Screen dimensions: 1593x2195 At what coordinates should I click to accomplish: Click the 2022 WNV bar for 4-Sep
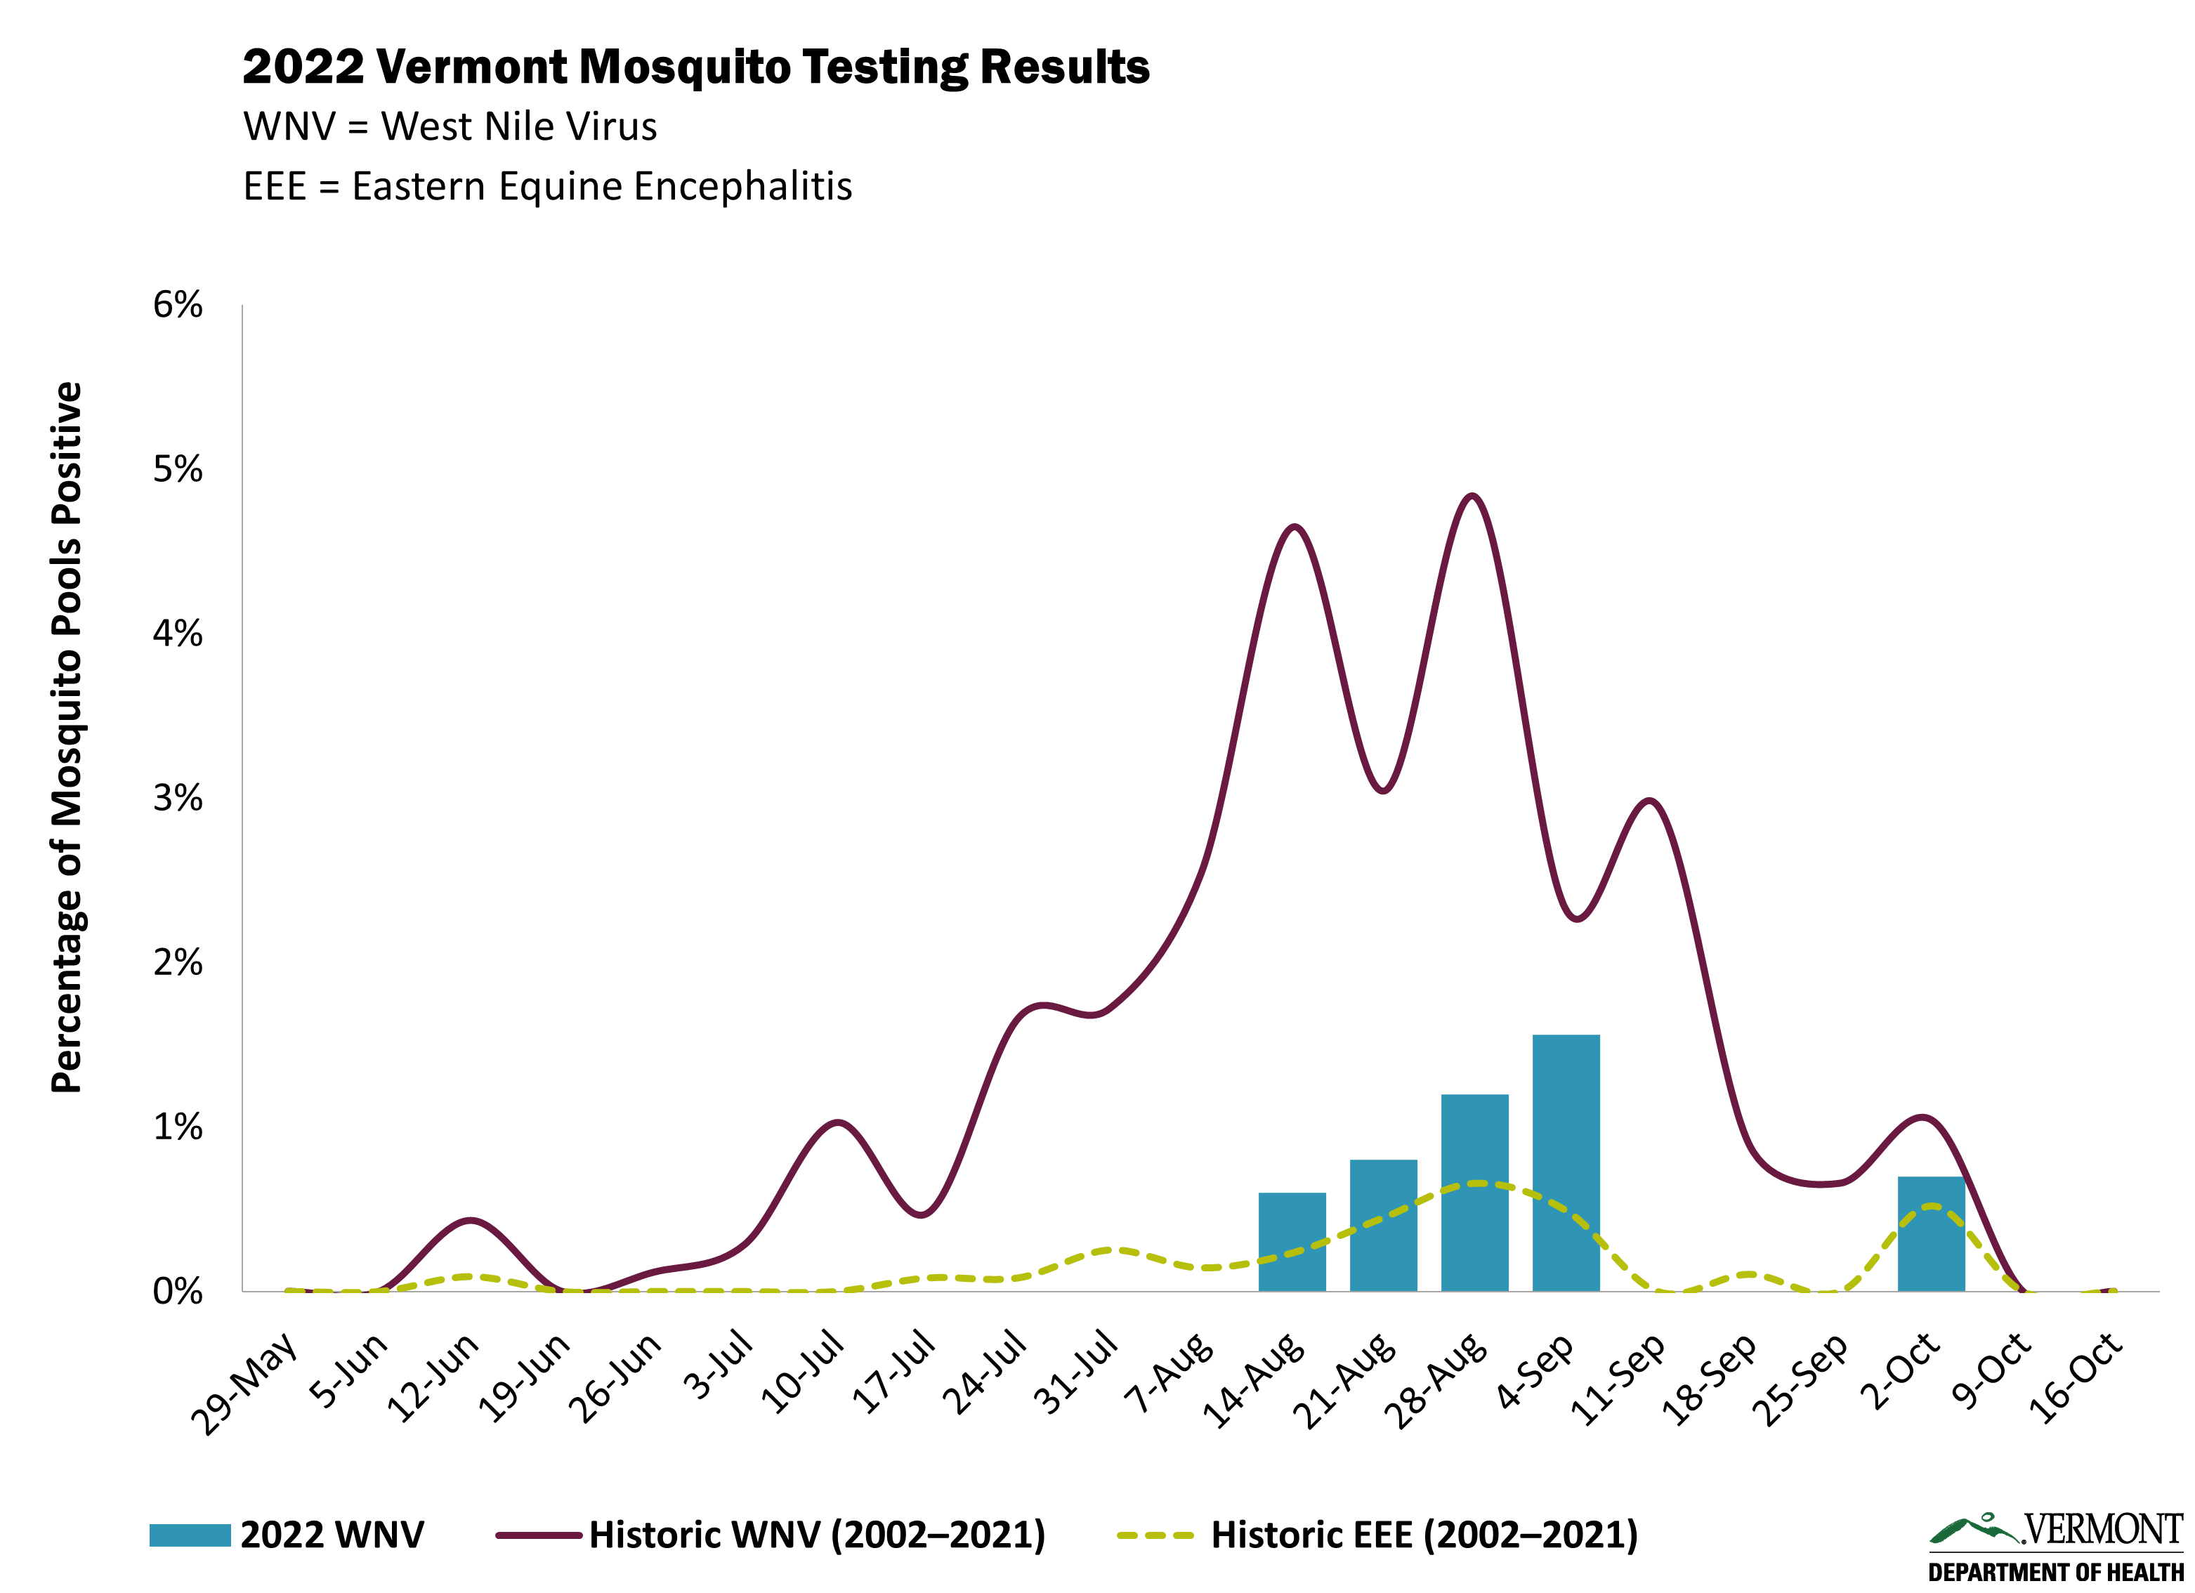pyautogui.click(x=1565, y=1162)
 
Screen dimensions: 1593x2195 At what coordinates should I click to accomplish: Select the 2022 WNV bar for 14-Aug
pyautogui.click(x=1291, y=1242)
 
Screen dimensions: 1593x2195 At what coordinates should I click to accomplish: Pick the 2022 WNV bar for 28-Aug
pyautogui.click(x=1474, y=1193)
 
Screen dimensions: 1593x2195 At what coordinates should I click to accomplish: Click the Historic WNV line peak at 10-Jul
pyautogui.click(x=837, y=1122)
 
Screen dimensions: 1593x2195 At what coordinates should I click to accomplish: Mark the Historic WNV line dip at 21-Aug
pyautogui.click(x=1383, y=791)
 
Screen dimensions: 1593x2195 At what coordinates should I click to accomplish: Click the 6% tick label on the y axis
pyautogui.click(x=177, y=305)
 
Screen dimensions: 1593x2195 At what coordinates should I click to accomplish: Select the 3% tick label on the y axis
pyautogui.click(x=177, y=799)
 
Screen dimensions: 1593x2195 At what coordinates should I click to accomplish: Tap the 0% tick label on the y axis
pyautogui.click(x=177, y=1291)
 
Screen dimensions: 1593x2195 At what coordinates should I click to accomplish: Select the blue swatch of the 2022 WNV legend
pyautogui.click(x=190, y=1535)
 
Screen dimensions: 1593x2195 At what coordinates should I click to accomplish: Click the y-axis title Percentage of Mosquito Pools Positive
pyautogui.click(x=67, y=737)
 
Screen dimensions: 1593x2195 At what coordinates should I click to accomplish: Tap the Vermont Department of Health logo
pyautogui.click(x=2056, y=1547)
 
